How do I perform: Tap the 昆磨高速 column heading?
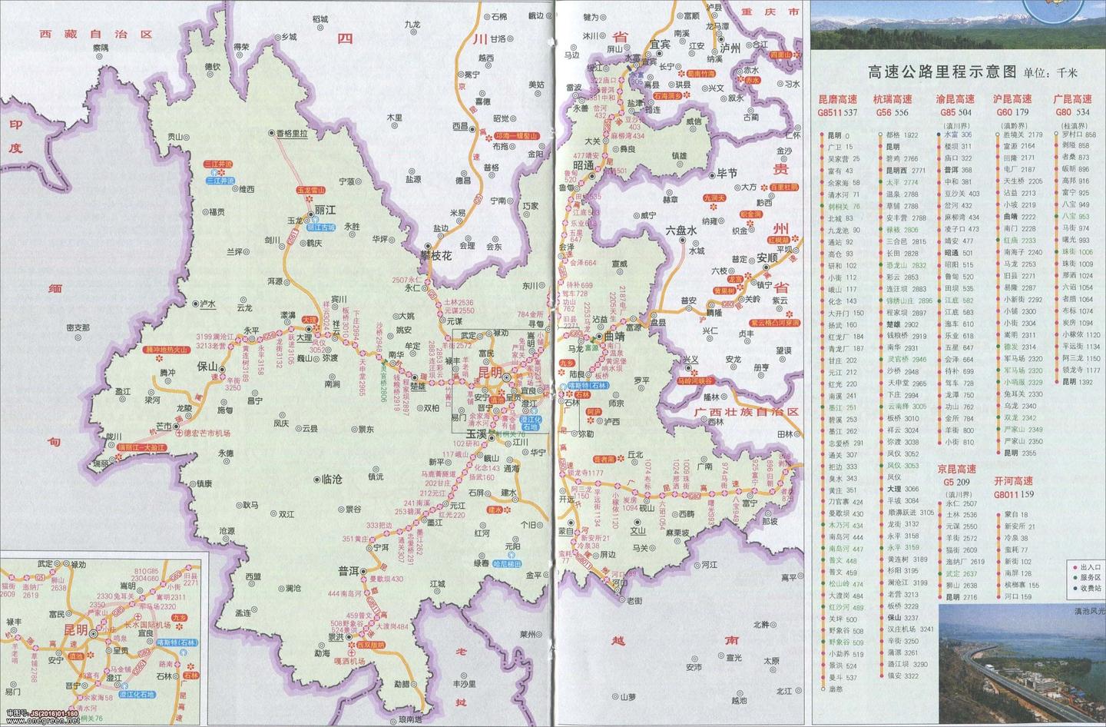(x=837, y=100)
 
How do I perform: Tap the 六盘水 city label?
(x=680, y=230)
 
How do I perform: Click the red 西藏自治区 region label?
(x=98, y=35)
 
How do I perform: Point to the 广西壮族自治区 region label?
(x=747, y=412)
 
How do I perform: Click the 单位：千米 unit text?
(x=1051, y=73)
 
